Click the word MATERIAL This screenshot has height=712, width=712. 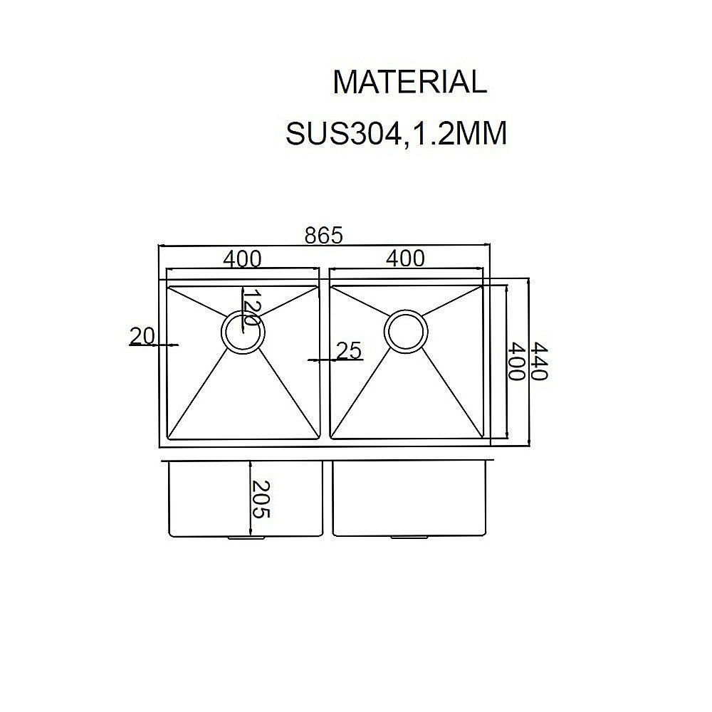pyautogui.click(x=409, y=83)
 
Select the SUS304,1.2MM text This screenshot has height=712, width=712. pyautogui.click(x=396, y=133)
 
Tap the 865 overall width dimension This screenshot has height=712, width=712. pyautogui.click(x=325, y=234)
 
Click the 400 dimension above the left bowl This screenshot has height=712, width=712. pyautogui.click(x=242, y=258)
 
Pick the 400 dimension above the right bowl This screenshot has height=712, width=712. pyautogui.click(x=404, y=258)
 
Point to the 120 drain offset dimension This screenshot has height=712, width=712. pyautogui.click(x=248, y=308)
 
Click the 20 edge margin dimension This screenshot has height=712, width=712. pyautogui.click(x=142, y=335)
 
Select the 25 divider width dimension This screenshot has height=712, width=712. pyautogui.click(x=349, y=350)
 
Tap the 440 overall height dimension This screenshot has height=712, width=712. pyautogui.click(x=539, y=362)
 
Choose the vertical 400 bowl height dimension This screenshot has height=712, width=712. pyautogui.click(x=518, y=362)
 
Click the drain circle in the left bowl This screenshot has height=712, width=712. pyautogui.click(x=243, y=332)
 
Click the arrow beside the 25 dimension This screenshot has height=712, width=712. pyautogui.click(x=313, y=360)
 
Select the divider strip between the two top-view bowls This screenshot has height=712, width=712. pyautogui.click(x=323, y=363)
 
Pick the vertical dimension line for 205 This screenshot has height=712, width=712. pyautogui.click(x=251, y=498)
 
